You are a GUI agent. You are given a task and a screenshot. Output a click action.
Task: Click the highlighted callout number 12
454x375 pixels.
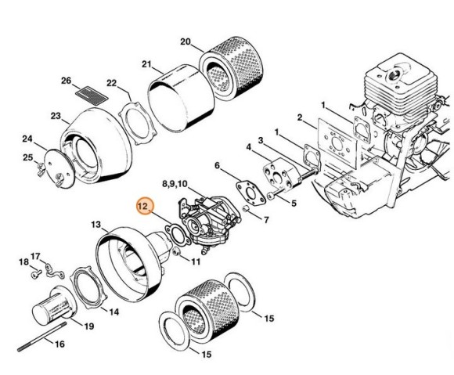coord(144,207)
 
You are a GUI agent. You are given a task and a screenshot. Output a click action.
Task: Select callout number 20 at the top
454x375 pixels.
coord(185,41)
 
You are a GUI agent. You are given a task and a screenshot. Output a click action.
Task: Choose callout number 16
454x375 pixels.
coord(59,343)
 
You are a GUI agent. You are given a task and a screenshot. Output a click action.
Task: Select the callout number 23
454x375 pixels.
coord(56,116)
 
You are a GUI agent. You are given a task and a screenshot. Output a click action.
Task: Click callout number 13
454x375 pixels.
coord(95,224)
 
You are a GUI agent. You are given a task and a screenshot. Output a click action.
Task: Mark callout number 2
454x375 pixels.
coord(300,118)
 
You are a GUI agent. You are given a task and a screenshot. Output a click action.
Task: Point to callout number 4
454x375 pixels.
coord(248,146)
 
